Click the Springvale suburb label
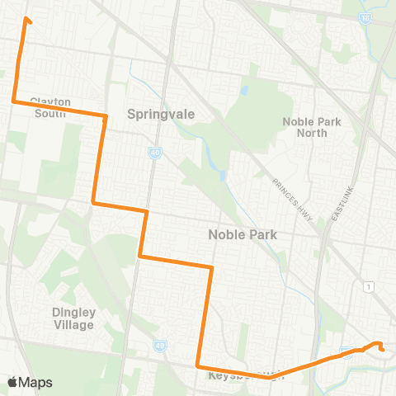point(162,115)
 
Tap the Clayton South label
point(51,107)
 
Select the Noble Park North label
point(311,127)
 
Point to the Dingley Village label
point(73,318)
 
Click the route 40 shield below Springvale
point(155,152)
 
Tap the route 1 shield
point(369,285)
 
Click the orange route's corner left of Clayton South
point(13,101)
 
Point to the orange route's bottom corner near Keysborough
point(197,365)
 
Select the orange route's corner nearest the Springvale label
point(105,116)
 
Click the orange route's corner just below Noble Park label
point(212,267)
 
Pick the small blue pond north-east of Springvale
point(245,90)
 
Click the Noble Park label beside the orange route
point(242,235)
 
